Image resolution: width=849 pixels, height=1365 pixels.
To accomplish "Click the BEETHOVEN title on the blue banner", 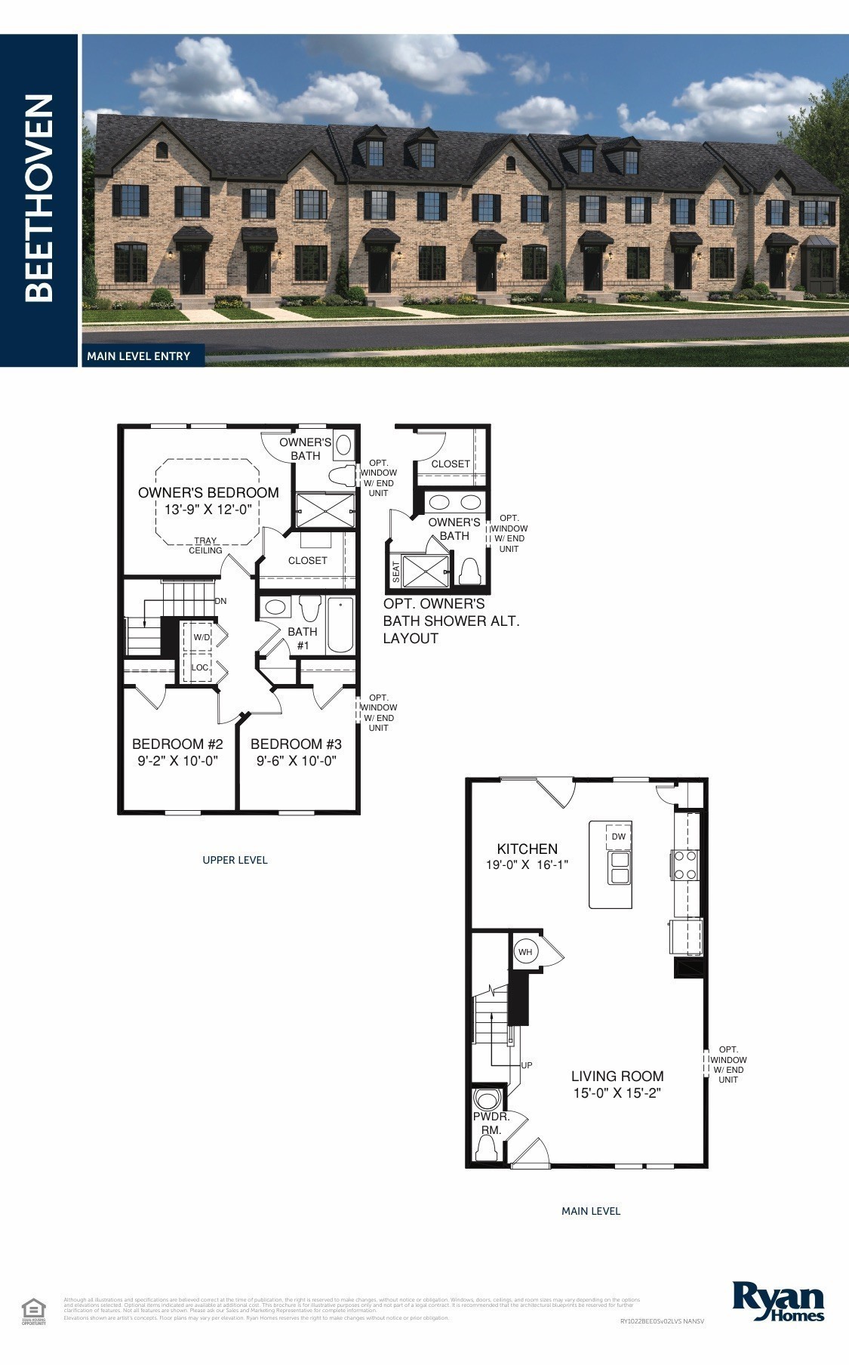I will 39,198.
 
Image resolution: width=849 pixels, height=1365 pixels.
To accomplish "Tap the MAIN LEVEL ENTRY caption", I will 138,356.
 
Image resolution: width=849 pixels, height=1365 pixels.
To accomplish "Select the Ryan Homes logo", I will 778,1302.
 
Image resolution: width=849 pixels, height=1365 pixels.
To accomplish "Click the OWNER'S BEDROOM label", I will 208,492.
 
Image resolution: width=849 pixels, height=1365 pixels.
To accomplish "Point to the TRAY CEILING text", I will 205,545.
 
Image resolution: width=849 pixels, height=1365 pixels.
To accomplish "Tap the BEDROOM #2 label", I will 177,744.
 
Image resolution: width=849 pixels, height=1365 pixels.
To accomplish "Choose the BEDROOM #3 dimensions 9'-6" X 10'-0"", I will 296,761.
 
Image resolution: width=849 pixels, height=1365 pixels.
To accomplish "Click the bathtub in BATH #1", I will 340,625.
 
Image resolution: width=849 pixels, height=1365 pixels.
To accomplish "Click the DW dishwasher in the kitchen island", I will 618,837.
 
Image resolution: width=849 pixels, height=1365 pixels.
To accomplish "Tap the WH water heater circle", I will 525,952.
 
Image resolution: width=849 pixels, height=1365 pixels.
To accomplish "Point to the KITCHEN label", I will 527,849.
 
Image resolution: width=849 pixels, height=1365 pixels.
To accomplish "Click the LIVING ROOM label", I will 617,1076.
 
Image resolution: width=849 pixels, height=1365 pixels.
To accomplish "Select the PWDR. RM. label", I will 491,1123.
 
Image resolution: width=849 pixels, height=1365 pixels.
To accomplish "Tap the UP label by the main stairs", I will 527,1065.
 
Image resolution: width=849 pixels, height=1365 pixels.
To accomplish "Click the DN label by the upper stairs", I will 220,601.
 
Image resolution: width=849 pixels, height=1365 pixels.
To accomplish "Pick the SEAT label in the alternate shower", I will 396,572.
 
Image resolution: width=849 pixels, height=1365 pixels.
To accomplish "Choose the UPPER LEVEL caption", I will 235,860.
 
